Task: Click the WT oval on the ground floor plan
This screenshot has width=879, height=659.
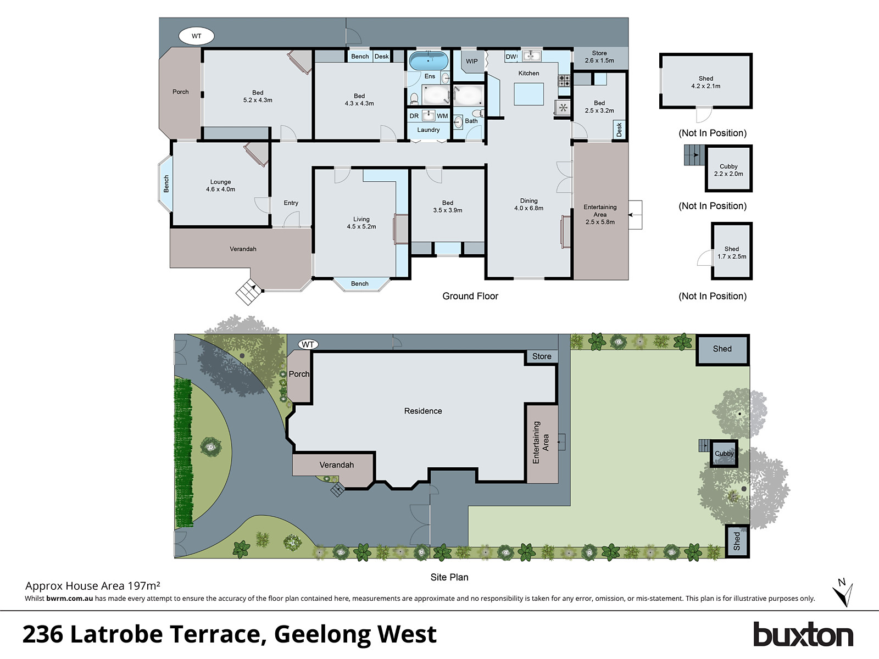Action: [196, 36]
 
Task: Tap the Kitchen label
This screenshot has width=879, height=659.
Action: [528, 73]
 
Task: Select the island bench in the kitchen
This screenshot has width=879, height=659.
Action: [529, 94]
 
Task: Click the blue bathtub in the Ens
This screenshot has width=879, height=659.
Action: [429, 60]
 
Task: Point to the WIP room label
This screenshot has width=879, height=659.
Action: [472, 62]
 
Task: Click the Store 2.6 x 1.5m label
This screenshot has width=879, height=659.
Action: [599, 57]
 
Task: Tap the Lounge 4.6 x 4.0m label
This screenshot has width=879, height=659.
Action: [220, 186]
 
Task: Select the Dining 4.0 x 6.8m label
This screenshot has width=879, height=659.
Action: [528, 204]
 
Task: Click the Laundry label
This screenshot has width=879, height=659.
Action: [428, 130]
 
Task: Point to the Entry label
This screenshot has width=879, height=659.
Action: [291, 203]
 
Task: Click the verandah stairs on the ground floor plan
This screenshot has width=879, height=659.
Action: [248, 292]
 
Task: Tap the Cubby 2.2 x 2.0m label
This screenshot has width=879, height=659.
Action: [728, 170]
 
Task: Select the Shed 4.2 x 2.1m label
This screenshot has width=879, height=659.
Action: [705, 82]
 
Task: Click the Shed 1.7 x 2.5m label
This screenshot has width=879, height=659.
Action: [731, 253]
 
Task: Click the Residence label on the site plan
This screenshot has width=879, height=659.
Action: [422, 411]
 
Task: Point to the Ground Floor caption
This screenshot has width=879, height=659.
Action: [470, 296]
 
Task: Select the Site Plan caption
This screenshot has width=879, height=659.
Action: [449, 577]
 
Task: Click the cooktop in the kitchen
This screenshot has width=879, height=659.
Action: [564, 81]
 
